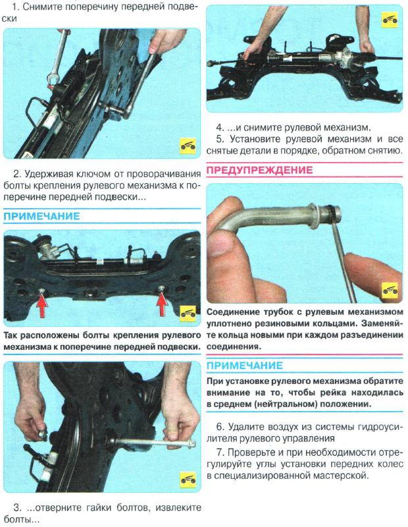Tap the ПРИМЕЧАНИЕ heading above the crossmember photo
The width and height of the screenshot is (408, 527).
pyautogui.click(x=41, y=217)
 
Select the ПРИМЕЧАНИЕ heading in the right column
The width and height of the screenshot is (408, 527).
pyautogui.click(x=244, y=366)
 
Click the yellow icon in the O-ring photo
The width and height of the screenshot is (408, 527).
pyautogui.click(x=390, y=287)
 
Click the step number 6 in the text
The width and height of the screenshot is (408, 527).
pyautogui.click(x=220, y=426)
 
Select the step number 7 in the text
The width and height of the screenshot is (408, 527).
pyautogui.click(x=220, y=453)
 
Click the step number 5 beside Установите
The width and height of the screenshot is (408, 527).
pyautogui.click(x=220, y=139)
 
